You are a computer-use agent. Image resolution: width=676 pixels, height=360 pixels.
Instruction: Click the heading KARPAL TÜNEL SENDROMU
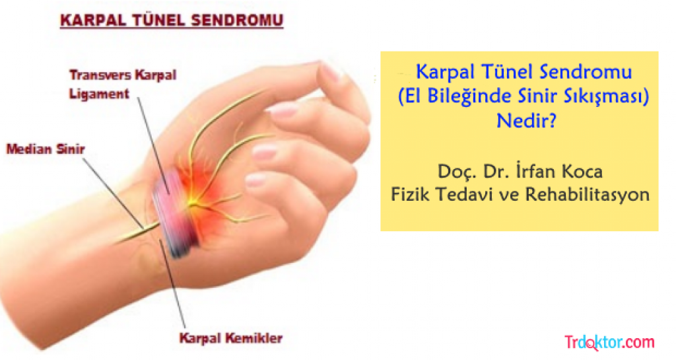pos(172,20)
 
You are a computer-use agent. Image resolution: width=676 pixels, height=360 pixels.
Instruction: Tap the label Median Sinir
pos(46,149)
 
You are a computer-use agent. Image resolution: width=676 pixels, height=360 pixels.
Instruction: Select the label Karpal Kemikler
pos(230,338)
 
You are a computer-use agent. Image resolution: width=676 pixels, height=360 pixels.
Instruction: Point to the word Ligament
pos(99,94)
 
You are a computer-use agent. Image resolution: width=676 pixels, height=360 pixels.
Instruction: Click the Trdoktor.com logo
pos(609,342)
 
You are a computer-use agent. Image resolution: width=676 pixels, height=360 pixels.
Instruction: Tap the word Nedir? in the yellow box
pos(526,121)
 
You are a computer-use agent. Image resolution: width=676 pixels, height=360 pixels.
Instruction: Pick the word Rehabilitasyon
pos(587,194)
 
